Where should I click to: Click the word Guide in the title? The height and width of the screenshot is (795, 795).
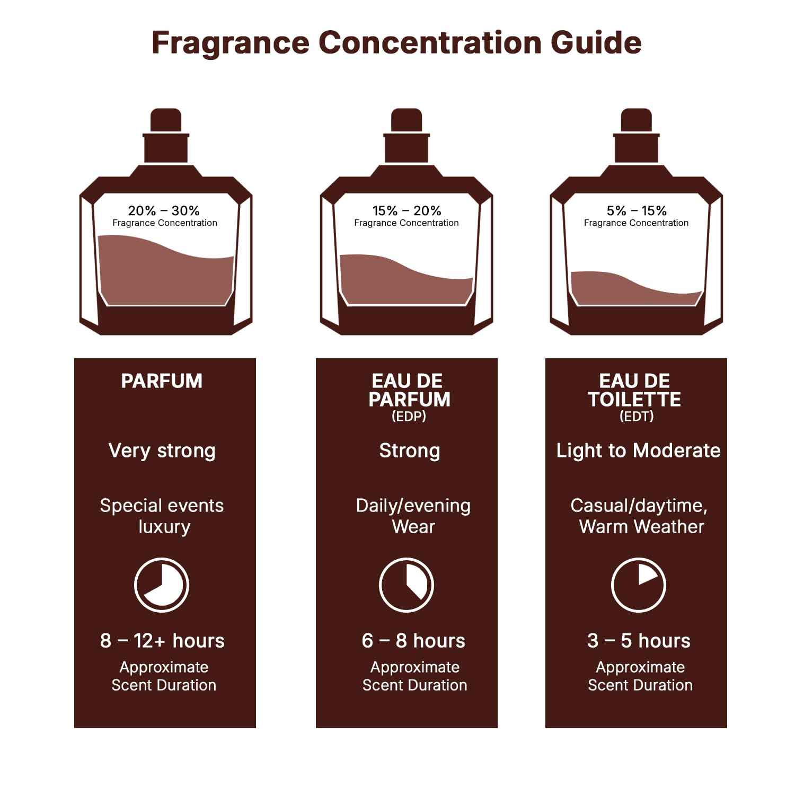596,42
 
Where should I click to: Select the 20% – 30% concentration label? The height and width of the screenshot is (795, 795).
164,210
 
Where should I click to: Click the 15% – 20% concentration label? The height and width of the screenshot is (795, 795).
407,210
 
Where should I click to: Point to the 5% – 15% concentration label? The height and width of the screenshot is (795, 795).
637,210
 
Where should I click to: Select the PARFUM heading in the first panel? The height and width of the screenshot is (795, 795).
162,381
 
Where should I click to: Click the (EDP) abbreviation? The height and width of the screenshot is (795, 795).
409,417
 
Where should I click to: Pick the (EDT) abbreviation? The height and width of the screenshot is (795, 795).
637,417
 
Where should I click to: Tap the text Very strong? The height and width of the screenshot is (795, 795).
162,450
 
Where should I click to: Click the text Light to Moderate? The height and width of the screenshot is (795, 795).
638,450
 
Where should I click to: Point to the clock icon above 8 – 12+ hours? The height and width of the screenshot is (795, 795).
162,585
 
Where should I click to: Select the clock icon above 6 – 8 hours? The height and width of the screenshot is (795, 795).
407,585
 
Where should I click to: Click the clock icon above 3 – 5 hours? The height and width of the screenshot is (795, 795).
638,585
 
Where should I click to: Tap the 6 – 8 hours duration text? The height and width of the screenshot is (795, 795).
413,641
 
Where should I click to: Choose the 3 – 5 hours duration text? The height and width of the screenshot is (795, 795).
639,641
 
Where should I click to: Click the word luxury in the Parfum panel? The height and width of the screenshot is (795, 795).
164,527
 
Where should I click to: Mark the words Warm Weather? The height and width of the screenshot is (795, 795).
641,527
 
